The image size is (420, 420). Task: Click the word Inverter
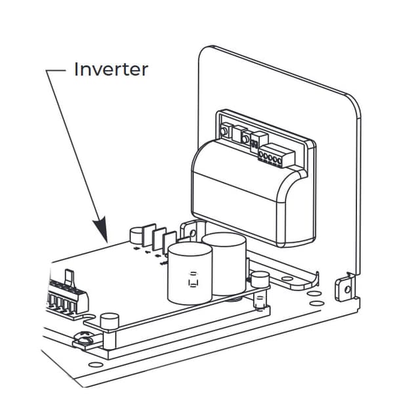110,69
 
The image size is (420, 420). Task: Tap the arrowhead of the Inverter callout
102,232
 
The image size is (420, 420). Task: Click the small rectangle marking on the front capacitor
194,281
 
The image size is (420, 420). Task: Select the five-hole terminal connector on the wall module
270,157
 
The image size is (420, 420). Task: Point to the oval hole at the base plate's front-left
96,364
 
